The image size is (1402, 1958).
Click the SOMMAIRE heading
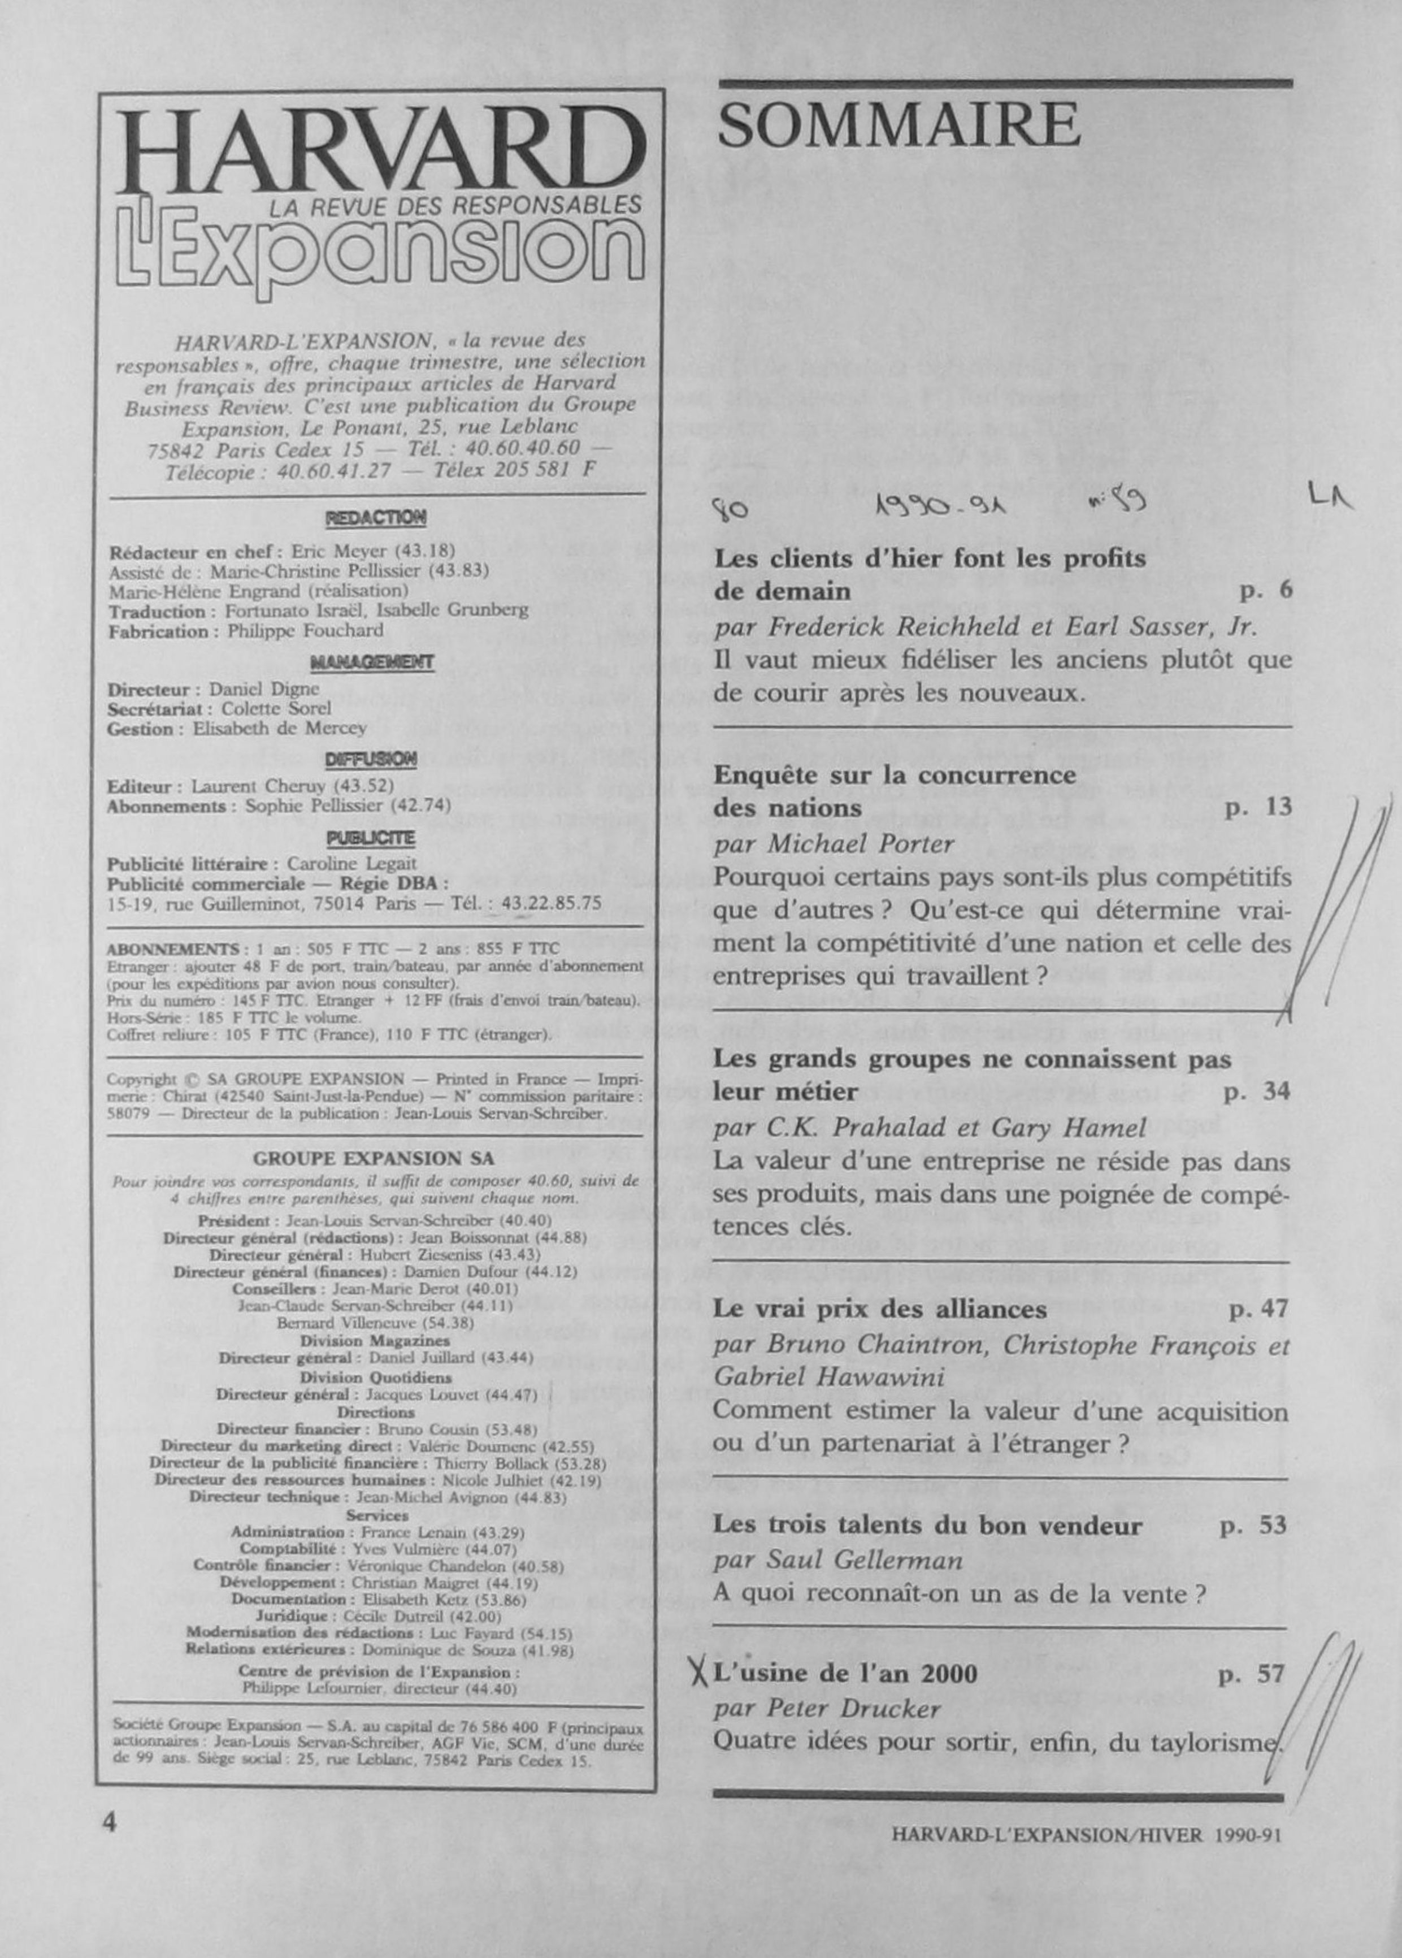click(899, 125)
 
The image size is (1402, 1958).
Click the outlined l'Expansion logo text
click(380, 250)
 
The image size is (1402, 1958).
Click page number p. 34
click(1257, 1092)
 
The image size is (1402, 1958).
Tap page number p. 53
click(1253, 1526)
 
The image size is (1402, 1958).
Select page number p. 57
click(1252, 1675)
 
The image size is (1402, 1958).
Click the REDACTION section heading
click(376, 518)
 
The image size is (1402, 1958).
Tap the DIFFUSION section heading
click(372, 760)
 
